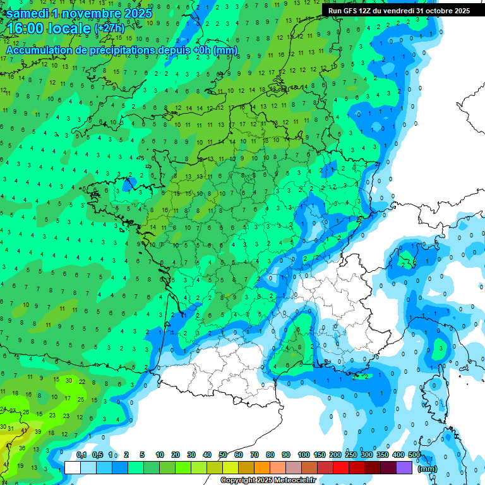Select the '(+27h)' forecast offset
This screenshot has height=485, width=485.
pyautogui.click(x=109, y=28)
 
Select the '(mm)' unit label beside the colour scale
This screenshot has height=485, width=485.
pyautogui.click(x=428, y=469)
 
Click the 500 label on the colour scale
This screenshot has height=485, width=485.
pyautogui.click(x=414, y=455)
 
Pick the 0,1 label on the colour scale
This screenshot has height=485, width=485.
pyautogui.click(x=81, y=455)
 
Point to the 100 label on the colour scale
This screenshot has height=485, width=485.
pyautogui.click(x=303, y=455)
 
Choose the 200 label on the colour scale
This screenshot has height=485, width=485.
pyautogui.click(x=335, y=455)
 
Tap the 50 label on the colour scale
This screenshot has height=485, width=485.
pyautogui.click(x=223, y=455)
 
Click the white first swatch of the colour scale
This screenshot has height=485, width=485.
pyautogui.click(x=73, y=467)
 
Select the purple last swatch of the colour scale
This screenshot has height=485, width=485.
pyautogui.click(x=404, y=467)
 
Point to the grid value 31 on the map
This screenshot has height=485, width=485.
pyautogui.click(x=9, y=432)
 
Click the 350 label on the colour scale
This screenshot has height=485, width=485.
pyautogui.click(x=382, y=455)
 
